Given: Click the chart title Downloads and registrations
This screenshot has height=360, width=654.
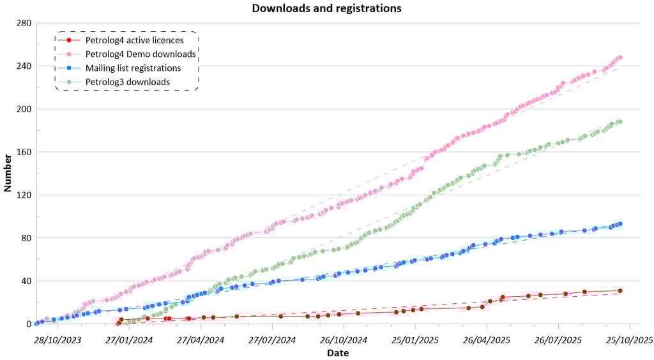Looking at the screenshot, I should click(x=326, y=8).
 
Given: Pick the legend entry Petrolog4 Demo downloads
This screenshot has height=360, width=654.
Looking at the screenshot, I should click(x=141, y=54).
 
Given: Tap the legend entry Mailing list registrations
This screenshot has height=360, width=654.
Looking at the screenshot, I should click(x=133, y=68).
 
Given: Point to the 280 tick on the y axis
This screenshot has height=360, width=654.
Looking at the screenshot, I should click(x=24, y=23).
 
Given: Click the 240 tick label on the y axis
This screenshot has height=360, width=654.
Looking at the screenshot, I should click(x=24, y=66).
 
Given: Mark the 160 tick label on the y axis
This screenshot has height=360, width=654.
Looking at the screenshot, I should click(x=24, y=152).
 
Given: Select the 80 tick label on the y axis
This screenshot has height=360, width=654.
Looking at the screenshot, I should click(x=26, y=238).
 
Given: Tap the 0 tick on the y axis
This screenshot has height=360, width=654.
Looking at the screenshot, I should click(x=28, y=324).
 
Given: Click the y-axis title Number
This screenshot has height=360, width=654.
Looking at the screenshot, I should click(x=8, y=172).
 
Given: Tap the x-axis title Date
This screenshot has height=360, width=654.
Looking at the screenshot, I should click(x=337, y=353).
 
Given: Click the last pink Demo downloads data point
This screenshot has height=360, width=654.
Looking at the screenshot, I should click(x=620, y=57).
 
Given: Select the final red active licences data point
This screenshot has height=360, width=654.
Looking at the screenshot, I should click(x=620, y=290).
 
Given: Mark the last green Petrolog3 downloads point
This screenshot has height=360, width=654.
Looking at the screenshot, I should click(x=620, y=122).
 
